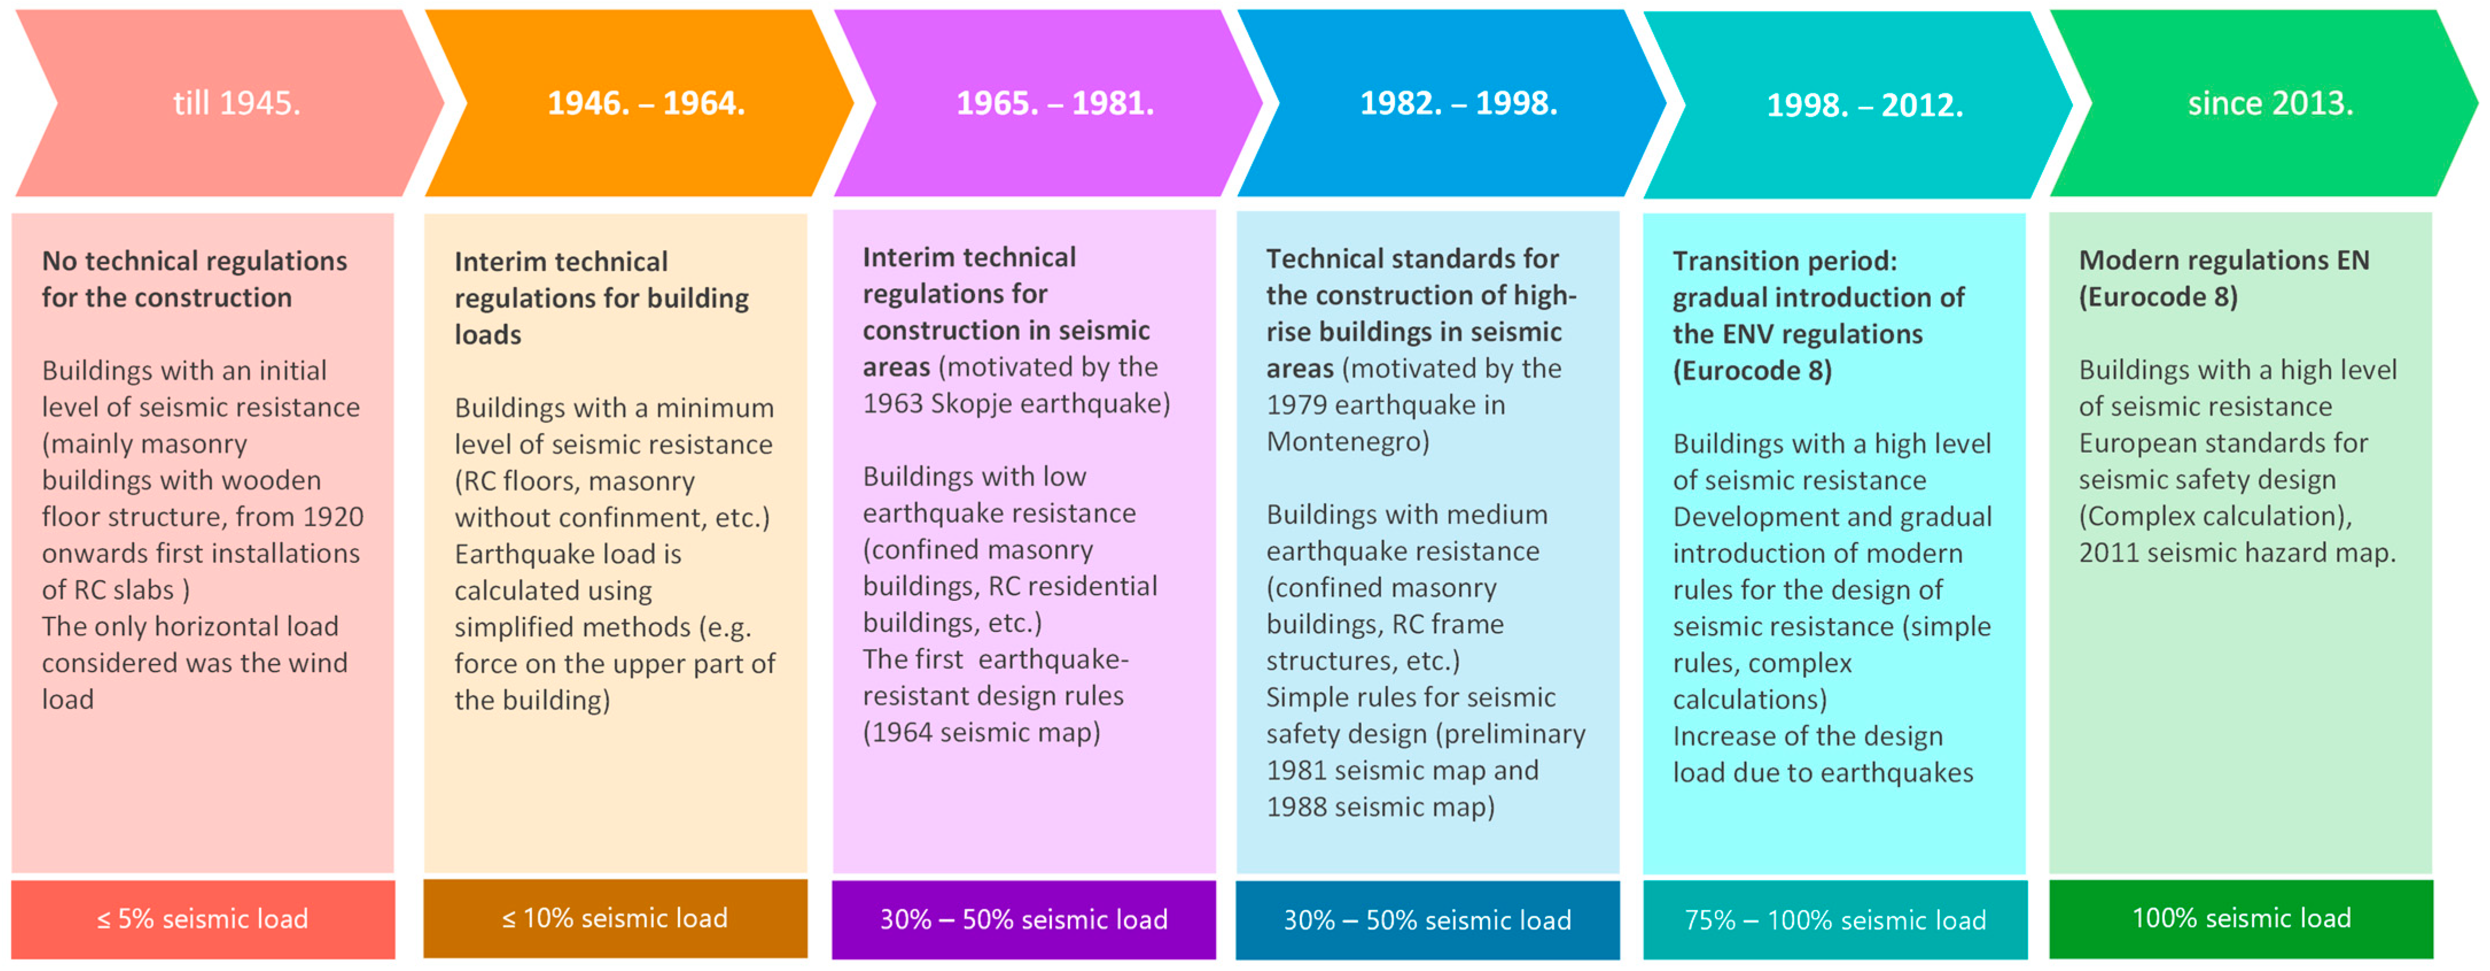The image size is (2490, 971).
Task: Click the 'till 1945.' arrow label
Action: coord(237,103)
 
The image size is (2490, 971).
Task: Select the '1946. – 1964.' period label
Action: coord(646,103)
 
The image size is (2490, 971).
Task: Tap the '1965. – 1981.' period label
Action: coord(1055,103)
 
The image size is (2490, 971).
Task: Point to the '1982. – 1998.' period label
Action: coord(1459,103)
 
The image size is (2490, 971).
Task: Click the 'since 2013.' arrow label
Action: coord(2270,103)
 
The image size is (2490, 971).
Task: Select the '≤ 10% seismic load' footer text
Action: coord(615,918)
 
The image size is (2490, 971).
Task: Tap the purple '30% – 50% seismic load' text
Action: coord(1024,919)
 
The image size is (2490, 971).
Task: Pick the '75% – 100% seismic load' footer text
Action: coord(1834,920)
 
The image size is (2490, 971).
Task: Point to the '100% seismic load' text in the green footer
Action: coord(2242,918)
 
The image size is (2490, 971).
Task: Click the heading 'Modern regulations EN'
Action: coord(2223,260)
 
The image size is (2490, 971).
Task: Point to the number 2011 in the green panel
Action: coord(2111,553)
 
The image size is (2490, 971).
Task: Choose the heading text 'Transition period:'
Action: coord(1784,261)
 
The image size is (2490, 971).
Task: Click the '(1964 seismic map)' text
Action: coord(981,733)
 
